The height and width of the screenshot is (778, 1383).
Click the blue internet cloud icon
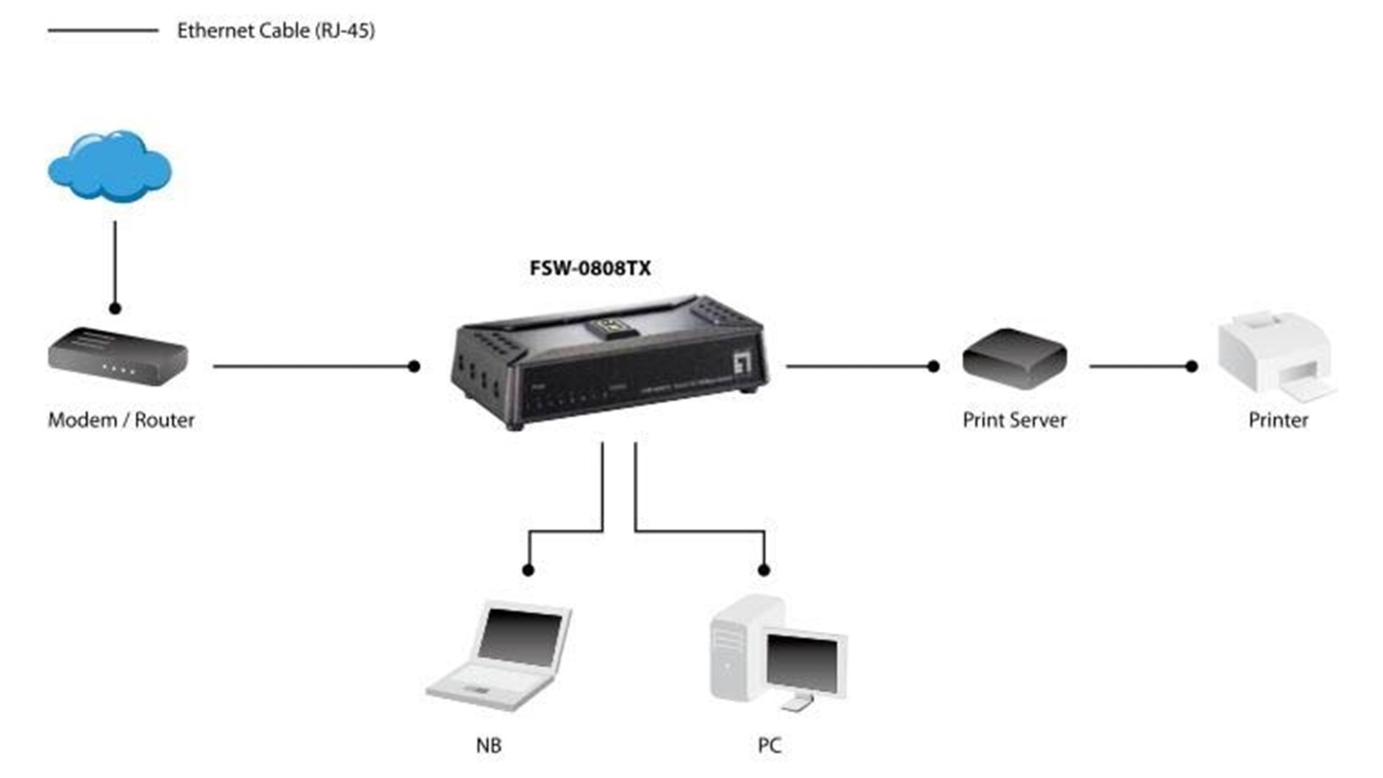[x=109, y=167]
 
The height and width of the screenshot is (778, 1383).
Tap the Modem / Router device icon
[x=117, y=357]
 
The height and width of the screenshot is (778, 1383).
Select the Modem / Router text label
[x=121, y=420]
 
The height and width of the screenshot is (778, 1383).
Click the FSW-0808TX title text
[x=590, y=269]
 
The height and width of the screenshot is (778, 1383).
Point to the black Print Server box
[x=1014, y=358]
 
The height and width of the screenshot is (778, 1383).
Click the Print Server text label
[x=1014, y=420]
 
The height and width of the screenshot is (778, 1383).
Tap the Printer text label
[x=1278, y=420]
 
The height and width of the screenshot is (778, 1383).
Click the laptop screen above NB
[x=520, y=635]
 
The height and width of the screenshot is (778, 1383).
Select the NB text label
[x=488, y=746]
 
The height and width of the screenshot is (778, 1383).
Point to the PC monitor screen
[x=802, y=663]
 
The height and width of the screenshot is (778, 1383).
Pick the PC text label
[x=769, y=746]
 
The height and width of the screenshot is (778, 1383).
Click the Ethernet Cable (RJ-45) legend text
[x=276, y=31]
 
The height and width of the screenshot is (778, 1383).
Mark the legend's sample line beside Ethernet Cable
[x=103, y=31]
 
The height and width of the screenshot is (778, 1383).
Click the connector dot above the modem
[x=115, y=308]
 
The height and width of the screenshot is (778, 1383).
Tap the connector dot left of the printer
[x=1191, y=367]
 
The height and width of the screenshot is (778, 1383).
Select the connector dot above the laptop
[x=528, y=571]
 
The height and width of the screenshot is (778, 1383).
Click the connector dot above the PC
[x=764, y=571]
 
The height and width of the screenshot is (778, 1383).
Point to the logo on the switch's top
[x=612, y=326]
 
